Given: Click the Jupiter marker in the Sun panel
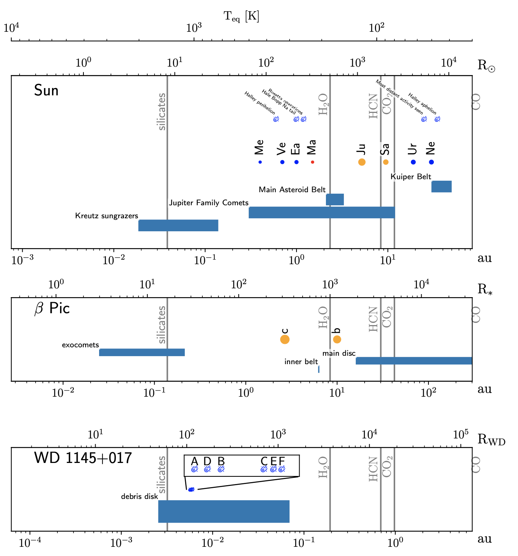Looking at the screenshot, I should pos(362,162).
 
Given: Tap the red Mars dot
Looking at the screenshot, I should pos(313,162).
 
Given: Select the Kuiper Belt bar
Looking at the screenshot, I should pos(441,186).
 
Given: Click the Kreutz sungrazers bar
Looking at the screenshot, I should pos(178,226).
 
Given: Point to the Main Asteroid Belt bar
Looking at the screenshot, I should pos(335,200).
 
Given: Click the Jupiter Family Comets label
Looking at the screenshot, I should pos(209,203).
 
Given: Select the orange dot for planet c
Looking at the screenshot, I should pos(285,339).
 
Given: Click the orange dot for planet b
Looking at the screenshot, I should pos(337,339).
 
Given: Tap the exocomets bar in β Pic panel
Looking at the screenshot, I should pos(142,352).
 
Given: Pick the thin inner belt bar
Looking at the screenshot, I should pos(319,369).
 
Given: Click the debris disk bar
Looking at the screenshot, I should pos(224,511).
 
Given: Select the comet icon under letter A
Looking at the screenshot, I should pos(195,469).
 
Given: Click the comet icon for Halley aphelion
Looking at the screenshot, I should pos(437,119).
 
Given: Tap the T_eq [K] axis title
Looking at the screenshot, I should pos(241,16).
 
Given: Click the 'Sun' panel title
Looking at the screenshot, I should pos(46,91).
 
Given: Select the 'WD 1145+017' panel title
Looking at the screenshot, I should pos(83,458).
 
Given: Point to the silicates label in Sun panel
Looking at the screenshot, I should pos(162,111).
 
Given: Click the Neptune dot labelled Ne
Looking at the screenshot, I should pos(432,162).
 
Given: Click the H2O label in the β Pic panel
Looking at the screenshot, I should pos(323,317).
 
